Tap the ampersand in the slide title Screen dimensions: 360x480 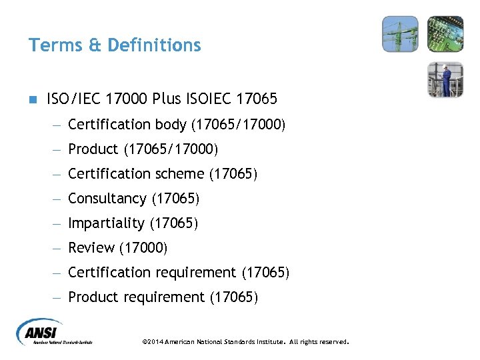[x=93, y=45]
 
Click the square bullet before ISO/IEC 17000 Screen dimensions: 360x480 [x=32, y=100]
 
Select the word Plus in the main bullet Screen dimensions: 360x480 [x=166, y=99]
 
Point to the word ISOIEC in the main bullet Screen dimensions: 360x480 [x=207, y=99]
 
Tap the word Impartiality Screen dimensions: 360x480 [x=106, y=223]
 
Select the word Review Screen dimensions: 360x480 [x=91, y=248]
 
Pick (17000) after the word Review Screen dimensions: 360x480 [x=143, y=248]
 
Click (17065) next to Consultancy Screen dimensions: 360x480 [x=175, y=199]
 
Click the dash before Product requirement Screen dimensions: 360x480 [x=59, y=297]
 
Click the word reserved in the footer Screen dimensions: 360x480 [x=333, y=342]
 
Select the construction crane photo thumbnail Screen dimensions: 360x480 [x=400, y=34]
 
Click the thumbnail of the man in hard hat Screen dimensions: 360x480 [x=445, y=79]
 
